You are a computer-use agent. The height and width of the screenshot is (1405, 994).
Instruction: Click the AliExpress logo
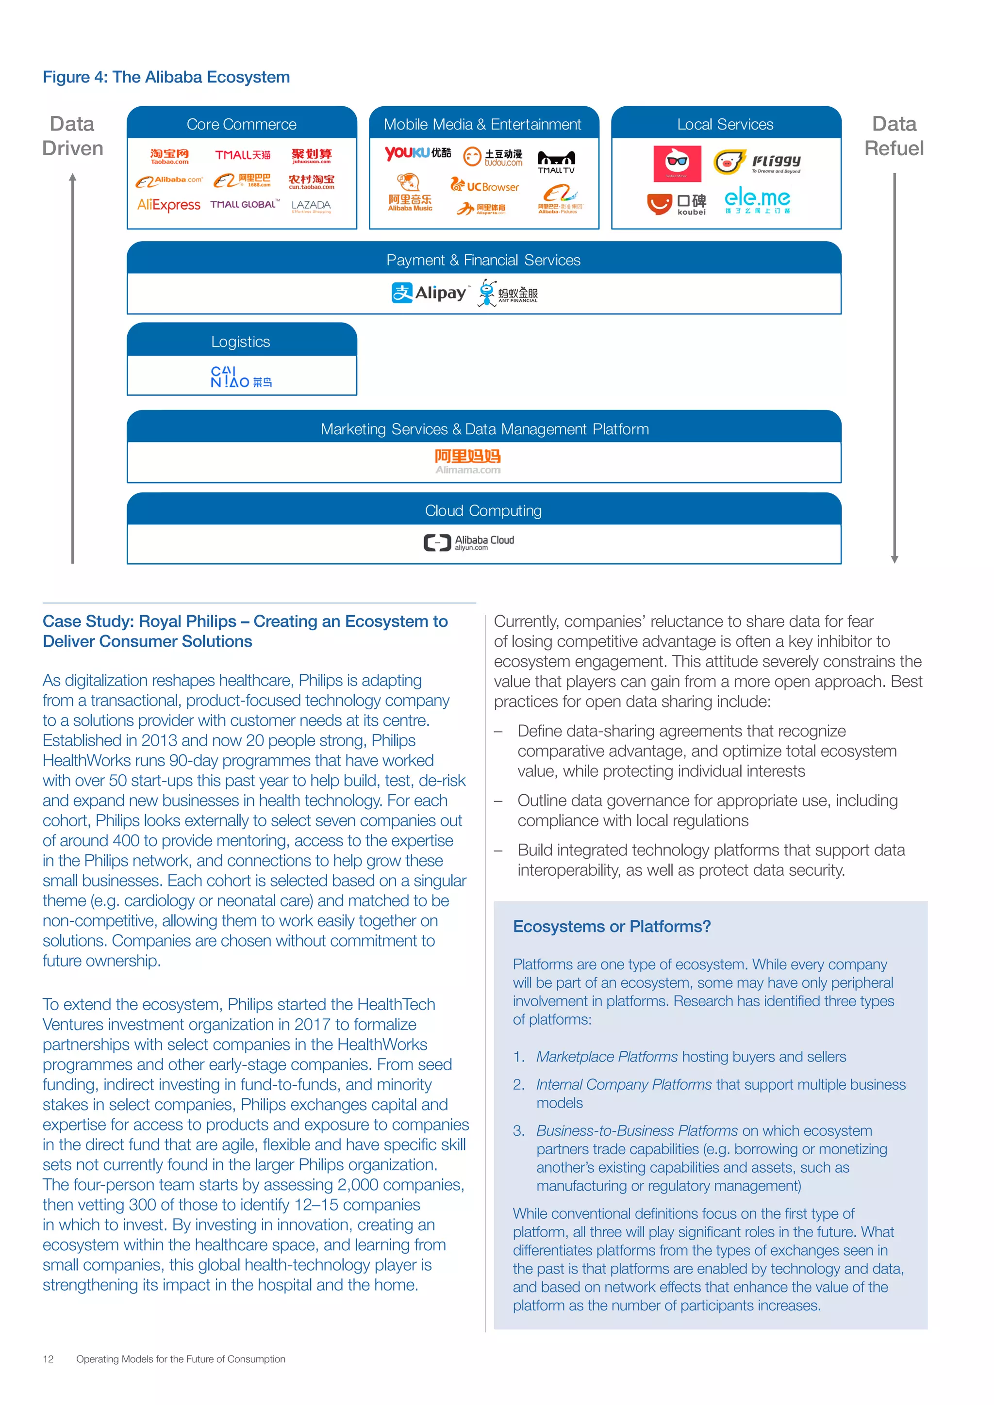tap(168, 205)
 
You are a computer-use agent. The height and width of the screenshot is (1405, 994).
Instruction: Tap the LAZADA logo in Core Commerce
tap(311, 206)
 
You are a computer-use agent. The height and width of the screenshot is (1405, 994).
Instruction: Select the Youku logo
tap(417, 154)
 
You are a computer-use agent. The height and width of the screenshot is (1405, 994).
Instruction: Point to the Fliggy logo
tap(758, 162)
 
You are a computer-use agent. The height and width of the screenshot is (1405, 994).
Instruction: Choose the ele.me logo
tap(757, 200)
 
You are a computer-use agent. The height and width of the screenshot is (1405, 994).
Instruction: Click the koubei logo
tap(677, 204)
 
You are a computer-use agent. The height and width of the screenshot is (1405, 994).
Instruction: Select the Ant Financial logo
tap(508, 293)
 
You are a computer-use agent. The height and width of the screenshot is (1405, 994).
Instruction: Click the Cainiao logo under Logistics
tap(241, 377)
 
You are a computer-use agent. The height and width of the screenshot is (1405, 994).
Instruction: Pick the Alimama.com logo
tap(467, 461)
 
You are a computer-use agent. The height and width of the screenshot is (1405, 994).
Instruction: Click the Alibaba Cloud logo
tap(469, 542)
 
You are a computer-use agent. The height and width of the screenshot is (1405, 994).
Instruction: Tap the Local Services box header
tap(725, 124)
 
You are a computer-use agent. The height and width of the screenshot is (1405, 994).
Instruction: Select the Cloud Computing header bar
tap(483, 510)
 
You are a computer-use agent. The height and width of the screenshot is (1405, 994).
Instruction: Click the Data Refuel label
tap(894, 136)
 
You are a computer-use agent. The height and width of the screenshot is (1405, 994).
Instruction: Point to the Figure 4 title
tap(166, 77)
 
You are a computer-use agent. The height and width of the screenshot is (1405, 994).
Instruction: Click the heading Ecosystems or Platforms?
tap(612, 927)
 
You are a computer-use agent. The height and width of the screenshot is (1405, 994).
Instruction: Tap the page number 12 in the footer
tap(49, 1359)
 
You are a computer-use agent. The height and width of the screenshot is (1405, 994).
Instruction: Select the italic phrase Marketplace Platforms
tap(607, 1057)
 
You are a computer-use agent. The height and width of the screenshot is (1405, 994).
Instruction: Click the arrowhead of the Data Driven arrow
tap(73, 178)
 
